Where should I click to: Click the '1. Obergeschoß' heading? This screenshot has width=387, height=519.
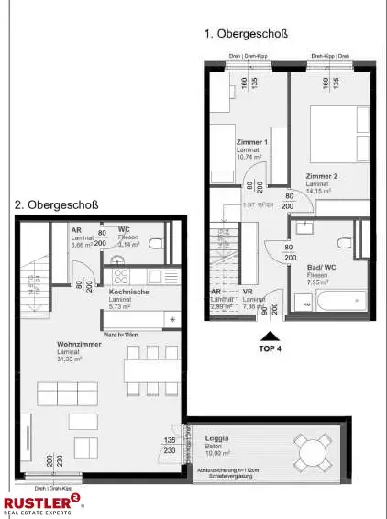246,34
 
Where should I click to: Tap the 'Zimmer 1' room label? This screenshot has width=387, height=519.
252,142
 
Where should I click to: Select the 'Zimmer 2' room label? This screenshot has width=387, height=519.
322,175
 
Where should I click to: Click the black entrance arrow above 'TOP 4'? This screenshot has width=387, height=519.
269,337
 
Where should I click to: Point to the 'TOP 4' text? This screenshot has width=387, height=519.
270,350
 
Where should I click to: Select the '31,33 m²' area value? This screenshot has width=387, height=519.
70,359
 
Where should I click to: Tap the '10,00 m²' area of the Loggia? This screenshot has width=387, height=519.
218,453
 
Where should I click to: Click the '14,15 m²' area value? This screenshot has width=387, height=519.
319,192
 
